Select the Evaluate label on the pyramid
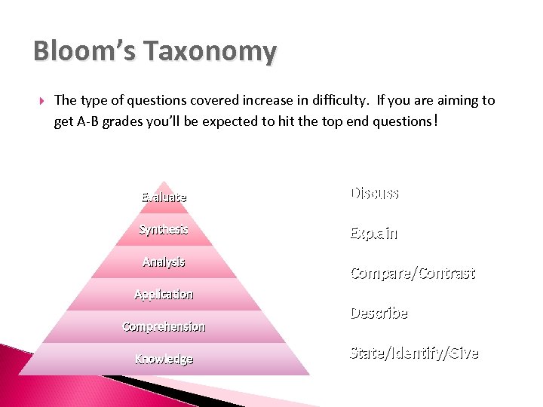164,197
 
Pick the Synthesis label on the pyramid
163,229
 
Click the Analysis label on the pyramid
164,262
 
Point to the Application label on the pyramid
164,294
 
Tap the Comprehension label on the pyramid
164,326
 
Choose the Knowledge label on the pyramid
164,359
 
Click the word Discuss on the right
374,193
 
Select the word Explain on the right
373,233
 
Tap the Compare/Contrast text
413,273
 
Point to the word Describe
379,313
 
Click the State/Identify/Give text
414,353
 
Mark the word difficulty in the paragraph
338,100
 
